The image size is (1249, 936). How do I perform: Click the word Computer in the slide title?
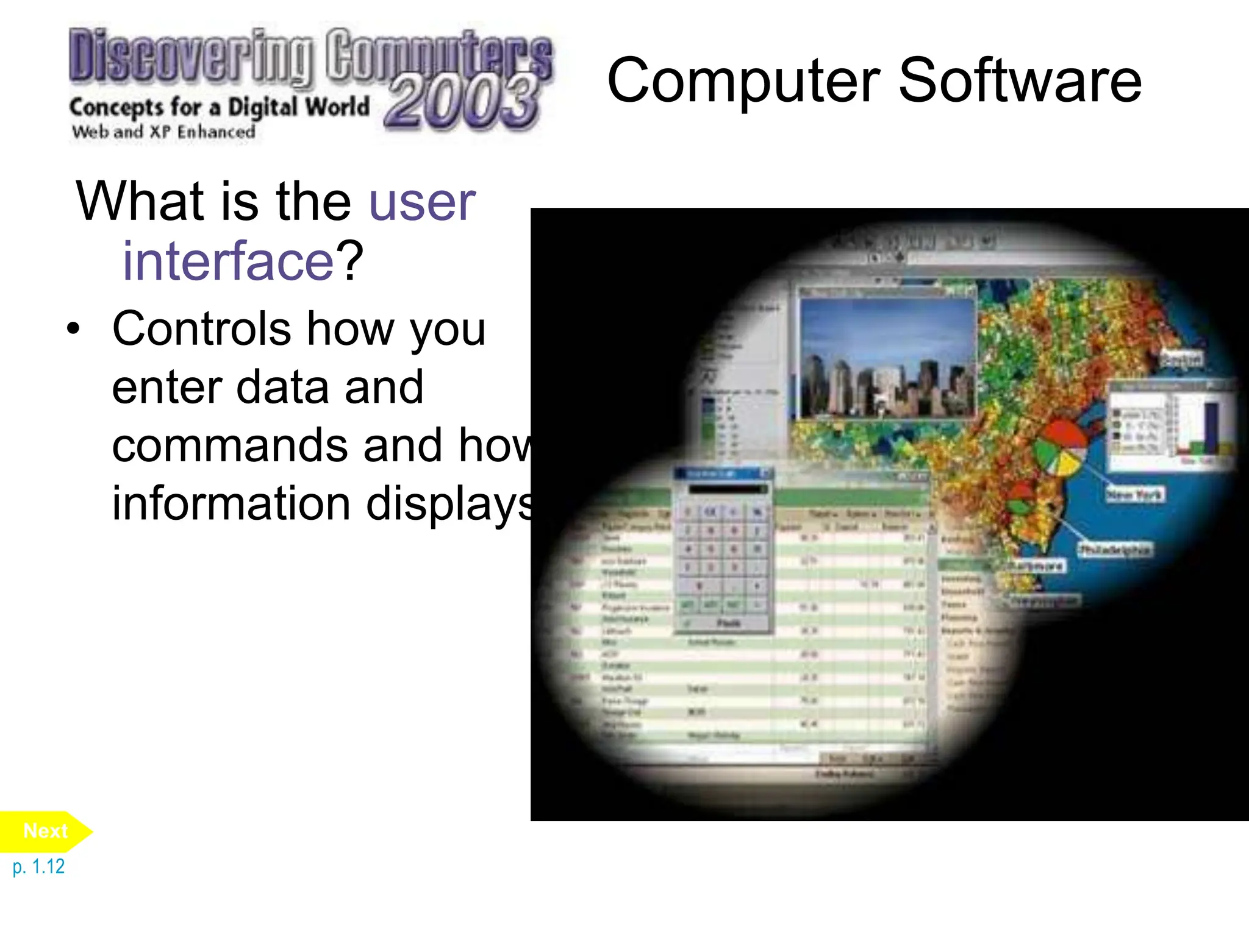(743, 81)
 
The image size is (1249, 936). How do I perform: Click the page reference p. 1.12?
(38, 867)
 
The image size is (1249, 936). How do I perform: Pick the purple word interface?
(228, 261)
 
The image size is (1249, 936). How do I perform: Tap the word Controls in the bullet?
(201, 328)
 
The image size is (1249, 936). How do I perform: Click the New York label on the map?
(1134, 494)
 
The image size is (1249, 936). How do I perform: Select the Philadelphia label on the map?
(1114, 550)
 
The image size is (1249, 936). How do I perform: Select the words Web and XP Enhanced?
(163, 132)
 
